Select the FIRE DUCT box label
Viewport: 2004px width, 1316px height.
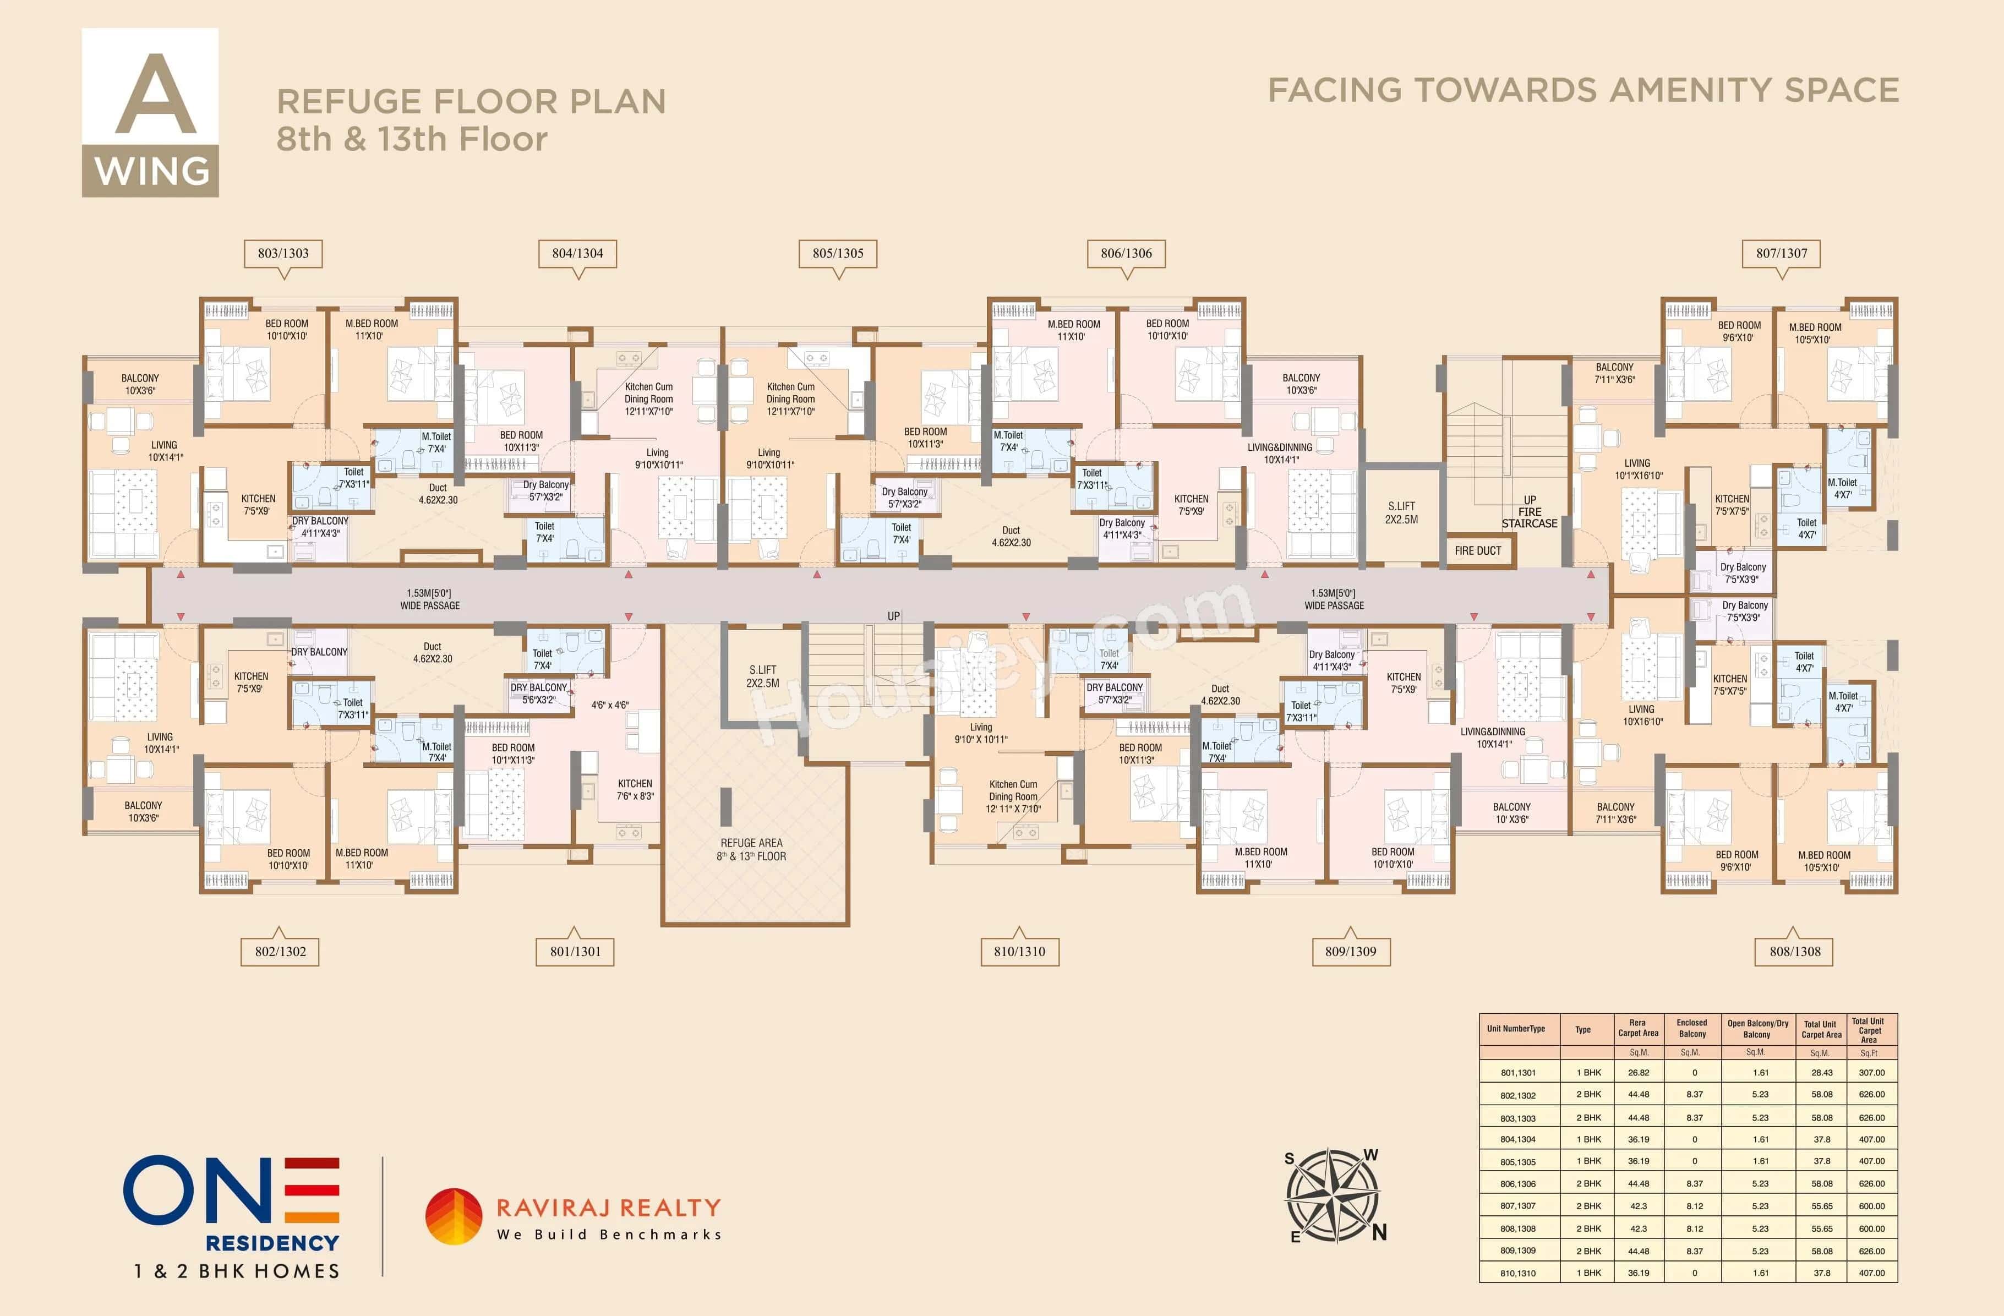(x=1478, y=550)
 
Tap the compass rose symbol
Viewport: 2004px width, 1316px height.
(x=1333, y=1195)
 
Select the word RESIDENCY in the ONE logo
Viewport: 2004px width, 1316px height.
(x=272, y=1243)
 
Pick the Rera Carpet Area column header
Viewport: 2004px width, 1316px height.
(x=1638, y=1028)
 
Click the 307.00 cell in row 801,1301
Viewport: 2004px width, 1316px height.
(x=1871, y=1073)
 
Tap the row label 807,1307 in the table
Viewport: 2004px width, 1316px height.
(x=1517, y=1206)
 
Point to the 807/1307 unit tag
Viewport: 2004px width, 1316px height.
(x=1781, y=253)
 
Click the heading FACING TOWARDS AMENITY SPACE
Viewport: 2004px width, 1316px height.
(x=1583, y=91)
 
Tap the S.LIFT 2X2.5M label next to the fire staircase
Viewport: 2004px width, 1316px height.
(x=1401, y=513)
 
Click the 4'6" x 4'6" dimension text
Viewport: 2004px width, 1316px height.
(x=610, y=705)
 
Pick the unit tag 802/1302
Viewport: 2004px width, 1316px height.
(x=280, y=952)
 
